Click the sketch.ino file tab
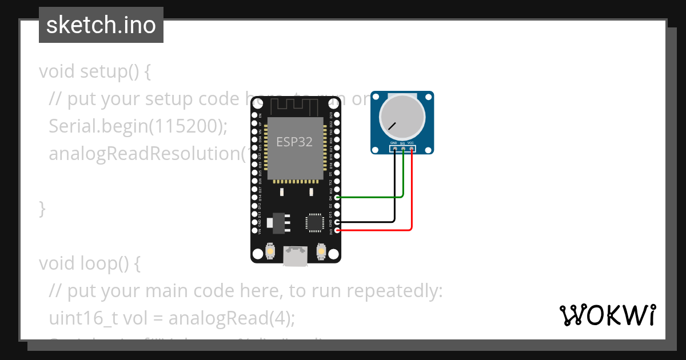click(101, 25)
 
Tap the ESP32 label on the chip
click(294, 142)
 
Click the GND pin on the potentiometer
click(394, 149)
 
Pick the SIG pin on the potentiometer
click(403, 149)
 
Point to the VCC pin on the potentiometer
click(412, 149)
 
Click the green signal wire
click(372, 197)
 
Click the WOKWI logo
click(607, 315)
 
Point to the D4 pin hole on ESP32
click(338, 197)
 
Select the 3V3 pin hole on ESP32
click(338, 230)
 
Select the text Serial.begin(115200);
click(138, 126)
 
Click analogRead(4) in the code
click(232, 318)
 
